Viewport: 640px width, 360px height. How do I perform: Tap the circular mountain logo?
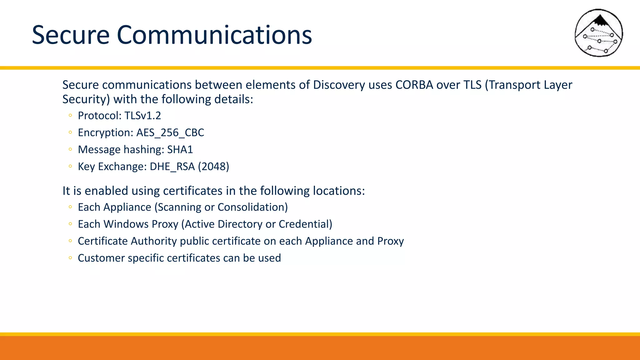(x=599, y=33)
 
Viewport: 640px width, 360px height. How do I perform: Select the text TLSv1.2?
(x=142, y=116)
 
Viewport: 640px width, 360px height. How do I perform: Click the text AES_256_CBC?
(x=170, y=132)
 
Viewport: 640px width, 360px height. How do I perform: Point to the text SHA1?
(x=180, y=149)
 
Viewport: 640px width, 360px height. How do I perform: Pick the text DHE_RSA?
(x=172, y=166)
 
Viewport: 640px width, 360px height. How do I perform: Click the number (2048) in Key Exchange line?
(x=213, y=166)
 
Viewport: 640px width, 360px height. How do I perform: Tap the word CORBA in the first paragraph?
(x=414, y=85)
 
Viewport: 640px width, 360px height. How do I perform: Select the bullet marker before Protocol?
(x=70, y=116)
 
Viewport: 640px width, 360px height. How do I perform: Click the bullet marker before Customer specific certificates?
(x=70, y=258)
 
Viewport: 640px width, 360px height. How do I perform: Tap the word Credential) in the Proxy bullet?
(x=305, y=224)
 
